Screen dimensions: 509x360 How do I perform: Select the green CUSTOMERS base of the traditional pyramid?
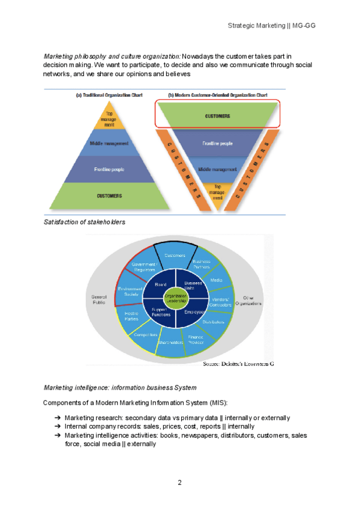(x=110, y=196)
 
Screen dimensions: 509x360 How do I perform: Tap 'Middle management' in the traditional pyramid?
(x=109, y=144)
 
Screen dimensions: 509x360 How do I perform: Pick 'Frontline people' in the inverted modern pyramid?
(x=218, y=145)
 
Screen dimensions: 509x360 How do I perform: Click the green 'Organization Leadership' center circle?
(x=176, y=297)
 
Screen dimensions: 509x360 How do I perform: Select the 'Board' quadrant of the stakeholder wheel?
(x=160, y=285)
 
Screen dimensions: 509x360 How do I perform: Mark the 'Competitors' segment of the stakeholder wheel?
(x=145, y=334)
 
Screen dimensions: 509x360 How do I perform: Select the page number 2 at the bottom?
(x=179, y=482)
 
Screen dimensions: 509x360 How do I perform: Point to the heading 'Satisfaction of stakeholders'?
(x=85, y=222)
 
